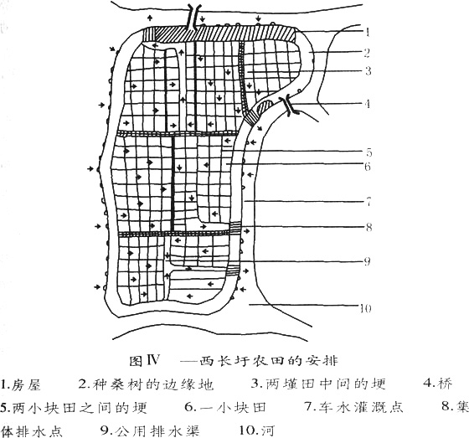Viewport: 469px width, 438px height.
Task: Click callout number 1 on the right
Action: (x=368, y=32)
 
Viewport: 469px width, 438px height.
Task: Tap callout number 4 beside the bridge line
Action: (x=368, y=104)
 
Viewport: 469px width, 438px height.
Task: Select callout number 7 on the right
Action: (x=368, y=202)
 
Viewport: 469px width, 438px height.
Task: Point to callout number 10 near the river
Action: (x=365, y=308)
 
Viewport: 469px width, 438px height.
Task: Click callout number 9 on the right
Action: (x=368, y=262)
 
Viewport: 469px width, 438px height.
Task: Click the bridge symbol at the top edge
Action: (x=191, y=17)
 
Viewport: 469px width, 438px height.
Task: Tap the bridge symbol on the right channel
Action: (x=289, y=106)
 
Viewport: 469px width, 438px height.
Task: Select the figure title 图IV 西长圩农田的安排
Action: (x=234, y=361)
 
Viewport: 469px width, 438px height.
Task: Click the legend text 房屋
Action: (x=26, y=384)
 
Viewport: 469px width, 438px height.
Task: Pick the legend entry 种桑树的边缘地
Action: (x=154, y=384)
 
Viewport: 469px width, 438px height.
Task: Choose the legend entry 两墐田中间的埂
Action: (x=326, y=384)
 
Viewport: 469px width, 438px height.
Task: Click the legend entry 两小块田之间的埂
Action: (x=80, y=408)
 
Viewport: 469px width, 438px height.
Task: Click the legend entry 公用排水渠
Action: (x=157, y=430)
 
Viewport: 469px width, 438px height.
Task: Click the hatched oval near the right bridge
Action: (x=265, y=106)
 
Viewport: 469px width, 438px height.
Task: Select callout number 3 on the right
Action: (x=368, y=71)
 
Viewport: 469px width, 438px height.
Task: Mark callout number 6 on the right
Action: (x=368, y=167)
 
